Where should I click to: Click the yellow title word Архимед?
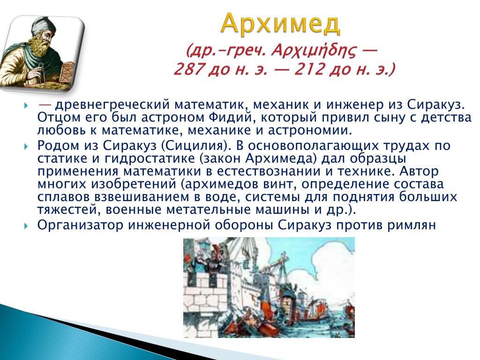point(280,23)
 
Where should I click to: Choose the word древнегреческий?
point(112,105)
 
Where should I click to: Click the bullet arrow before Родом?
point(26,147)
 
